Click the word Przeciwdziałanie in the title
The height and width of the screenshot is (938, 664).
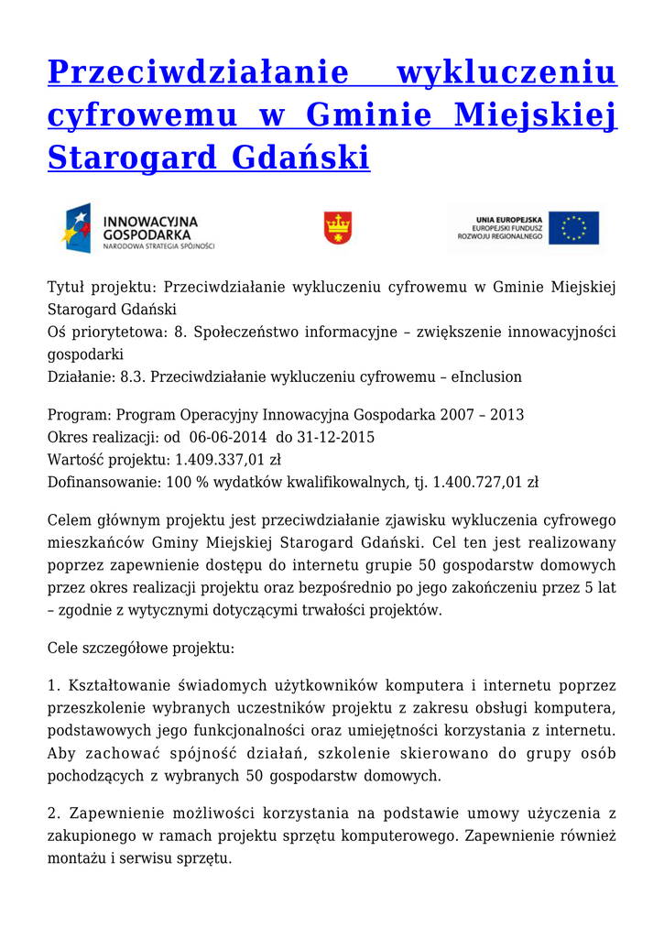click(198, 73)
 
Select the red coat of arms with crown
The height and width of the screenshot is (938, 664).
click(338, 227)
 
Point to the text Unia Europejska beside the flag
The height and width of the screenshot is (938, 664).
click(509, 220)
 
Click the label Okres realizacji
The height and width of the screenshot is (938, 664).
click(92, 437)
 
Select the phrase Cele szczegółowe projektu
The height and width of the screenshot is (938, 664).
click(140, 648)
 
